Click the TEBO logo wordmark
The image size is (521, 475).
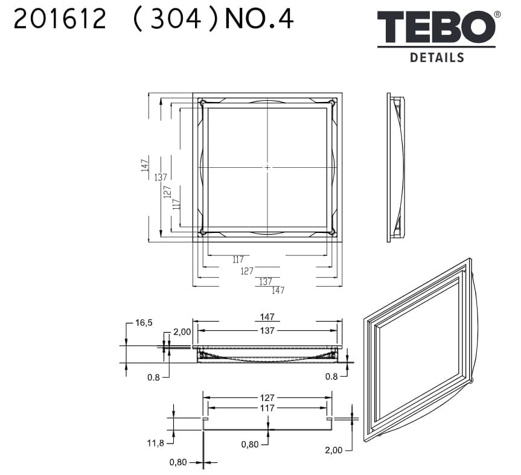coord(436,27)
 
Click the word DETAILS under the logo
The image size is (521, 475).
coord(437,57)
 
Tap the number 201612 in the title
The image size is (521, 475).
coord(60,19)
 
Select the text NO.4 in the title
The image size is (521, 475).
coord(259,19)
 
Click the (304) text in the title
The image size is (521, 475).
coord(176,19)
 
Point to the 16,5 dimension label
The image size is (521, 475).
coord(144,322)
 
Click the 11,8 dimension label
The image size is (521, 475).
coord(156,443)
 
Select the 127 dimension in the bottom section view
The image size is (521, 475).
coord(267,397)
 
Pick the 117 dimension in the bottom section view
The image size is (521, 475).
coord(267,407)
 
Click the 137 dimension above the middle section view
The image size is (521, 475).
coord(267,331)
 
